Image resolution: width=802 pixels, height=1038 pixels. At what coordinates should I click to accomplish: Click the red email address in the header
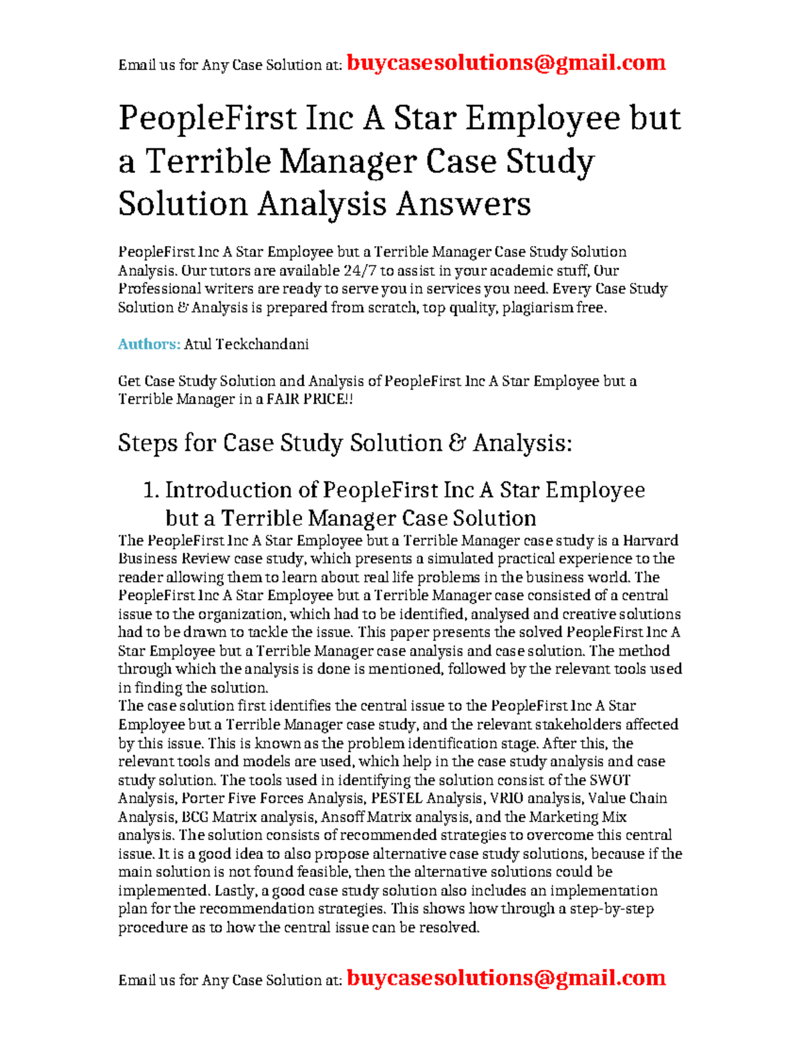pos(507,63)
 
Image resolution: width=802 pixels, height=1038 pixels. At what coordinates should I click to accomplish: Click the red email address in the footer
pos(507,978)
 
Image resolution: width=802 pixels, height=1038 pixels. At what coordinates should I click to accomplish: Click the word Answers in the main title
pos(463,204)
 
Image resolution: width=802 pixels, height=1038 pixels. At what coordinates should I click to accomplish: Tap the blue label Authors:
pos(149,344)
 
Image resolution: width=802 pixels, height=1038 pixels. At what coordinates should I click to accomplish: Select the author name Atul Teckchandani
pos(246,344)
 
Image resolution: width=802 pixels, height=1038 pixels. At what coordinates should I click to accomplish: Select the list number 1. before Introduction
pos(151,490)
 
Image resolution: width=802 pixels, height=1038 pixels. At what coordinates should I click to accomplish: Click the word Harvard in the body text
pos(650,540)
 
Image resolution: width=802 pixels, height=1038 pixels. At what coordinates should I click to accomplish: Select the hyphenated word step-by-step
pos(612,909)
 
